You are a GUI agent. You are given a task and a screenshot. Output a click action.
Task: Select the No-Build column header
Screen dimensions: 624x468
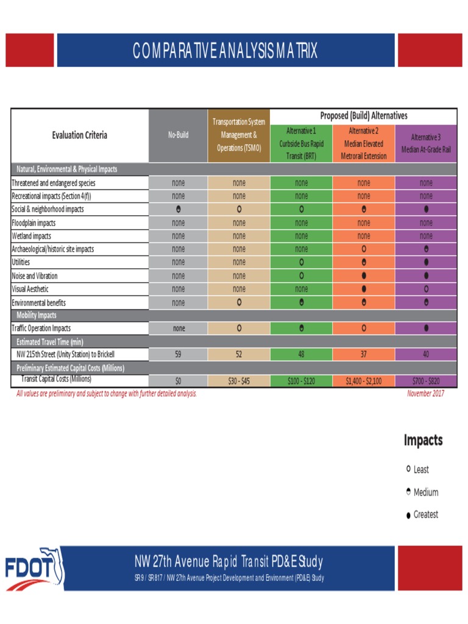click(x=178, y=135)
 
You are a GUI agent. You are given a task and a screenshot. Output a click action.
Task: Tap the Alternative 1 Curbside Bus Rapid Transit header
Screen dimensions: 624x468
click(x=301, y=143)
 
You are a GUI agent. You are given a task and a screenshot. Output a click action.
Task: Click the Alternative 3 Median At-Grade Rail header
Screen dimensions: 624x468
click(x=426, y=143)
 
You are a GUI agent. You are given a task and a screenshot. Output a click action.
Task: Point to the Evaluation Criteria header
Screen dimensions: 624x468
click(x=79, y=135)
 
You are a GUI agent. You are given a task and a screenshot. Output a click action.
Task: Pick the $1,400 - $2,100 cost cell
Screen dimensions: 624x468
click(x=364, y=381)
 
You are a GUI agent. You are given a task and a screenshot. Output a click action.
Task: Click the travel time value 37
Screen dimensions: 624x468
click(x=364, y=354)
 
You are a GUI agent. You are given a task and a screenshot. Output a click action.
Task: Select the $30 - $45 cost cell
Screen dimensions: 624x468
click(x=239, y=381)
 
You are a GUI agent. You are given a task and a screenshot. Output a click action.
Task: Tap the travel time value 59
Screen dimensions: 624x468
click(x=178, y=354)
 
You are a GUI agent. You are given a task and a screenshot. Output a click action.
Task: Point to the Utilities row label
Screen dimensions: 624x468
click(x=25, y=263)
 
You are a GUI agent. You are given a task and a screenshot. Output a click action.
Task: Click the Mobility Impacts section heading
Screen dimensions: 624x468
click(x=36, y=315)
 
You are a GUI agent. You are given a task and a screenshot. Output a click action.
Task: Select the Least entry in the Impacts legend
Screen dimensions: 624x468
click(x=417, y=469)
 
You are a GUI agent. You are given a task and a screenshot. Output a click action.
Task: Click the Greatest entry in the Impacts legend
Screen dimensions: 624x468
click(x=422, y=515)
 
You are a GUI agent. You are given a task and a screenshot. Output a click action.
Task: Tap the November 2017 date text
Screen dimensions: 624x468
click(x=425, y=394)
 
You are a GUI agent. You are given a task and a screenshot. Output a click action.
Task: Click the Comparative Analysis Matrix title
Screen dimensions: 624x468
click(x=225, y=51)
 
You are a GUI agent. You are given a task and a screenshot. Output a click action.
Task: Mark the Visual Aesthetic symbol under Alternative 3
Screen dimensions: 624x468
click(x=426, y=289)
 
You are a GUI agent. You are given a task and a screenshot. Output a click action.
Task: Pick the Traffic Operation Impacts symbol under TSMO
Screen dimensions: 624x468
click(x=239, y=328)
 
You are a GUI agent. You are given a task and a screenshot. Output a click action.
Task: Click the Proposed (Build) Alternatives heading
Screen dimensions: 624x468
click(x=364, y=116)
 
